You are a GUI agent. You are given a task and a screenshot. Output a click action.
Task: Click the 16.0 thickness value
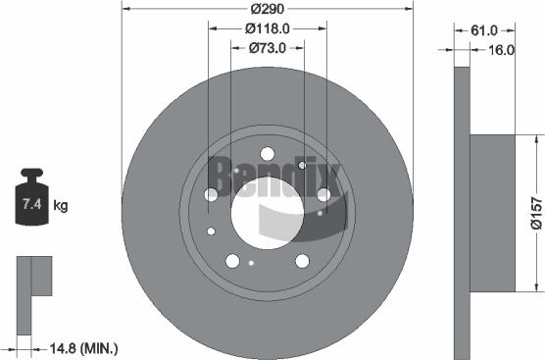501,49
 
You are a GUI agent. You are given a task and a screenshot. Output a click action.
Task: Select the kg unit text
60,206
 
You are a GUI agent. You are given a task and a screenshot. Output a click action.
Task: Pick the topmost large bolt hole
266,153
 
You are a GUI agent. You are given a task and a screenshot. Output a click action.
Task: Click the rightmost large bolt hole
322,195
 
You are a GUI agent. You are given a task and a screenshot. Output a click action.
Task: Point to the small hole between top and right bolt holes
302,166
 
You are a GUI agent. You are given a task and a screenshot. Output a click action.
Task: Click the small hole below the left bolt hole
212,231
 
